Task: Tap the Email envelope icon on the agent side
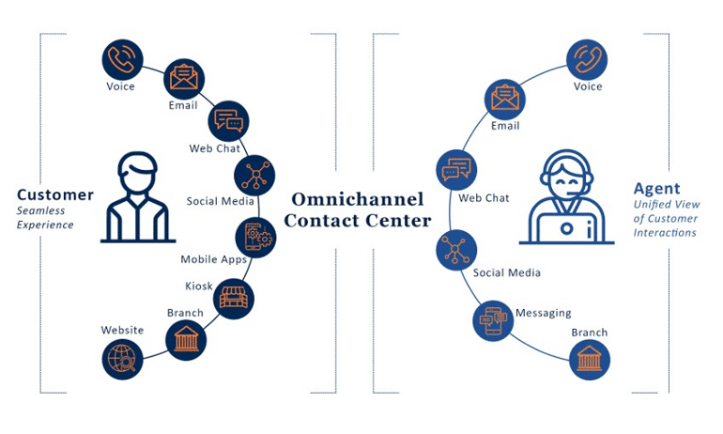tap(506, 98)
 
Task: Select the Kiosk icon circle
tap(234, 299)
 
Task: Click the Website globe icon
tap(122, 358)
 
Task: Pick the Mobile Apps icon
tap(254, 236)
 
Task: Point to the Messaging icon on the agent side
tap(492, 321)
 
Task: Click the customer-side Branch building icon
tap(186, 338)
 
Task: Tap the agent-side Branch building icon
tap(590, 360)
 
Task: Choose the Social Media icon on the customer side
tap(254, 175)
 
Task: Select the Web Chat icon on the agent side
tap(456, 171)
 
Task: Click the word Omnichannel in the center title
tap(358, 199)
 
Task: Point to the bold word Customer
tap(55, 195)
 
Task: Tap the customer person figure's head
tap(138, 175)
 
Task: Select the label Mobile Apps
tap(213, 259)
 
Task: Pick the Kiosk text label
tap(199, 286)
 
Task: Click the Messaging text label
tap(543, 313)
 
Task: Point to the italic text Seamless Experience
tap(45, 218)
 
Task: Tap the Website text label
tap(123, 330)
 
